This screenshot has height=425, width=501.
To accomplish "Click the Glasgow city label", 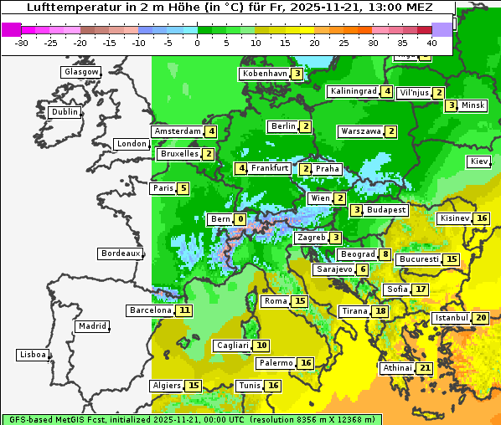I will [x=81, y=72].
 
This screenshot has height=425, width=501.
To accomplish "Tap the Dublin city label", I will [x=64, y=112].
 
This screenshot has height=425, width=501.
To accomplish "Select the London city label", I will [x=132, y=144].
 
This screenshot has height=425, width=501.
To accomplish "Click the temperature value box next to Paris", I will [x=183, y=188].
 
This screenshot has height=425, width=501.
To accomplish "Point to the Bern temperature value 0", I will [x=240, y=219].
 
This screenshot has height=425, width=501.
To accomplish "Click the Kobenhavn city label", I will [x=265, y=74].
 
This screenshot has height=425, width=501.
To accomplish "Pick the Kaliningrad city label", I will [x=353, y=91].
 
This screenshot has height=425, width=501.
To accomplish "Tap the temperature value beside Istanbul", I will [x=480, y=318].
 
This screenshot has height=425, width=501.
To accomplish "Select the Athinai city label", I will [x=397, y=368].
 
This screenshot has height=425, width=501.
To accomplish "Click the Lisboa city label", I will [x=32, y=355].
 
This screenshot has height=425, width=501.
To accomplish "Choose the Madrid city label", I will [x=91, y=326].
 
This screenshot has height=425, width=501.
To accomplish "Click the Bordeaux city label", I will [x=120, y=253].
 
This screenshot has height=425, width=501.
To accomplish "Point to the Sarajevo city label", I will [x=333, y=269].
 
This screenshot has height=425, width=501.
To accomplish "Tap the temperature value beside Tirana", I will [x=380, y=311].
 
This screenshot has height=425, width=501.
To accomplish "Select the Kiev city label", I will [x=479, y=161].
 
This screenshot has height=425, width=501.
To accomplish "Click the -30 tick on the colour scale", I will [x=23, y=41].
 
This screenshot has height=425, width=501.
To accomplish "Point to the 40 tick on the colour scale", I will [x=431, y=41].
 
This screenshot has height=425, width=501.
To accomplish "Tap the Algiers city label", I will [x=166, y=386].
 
